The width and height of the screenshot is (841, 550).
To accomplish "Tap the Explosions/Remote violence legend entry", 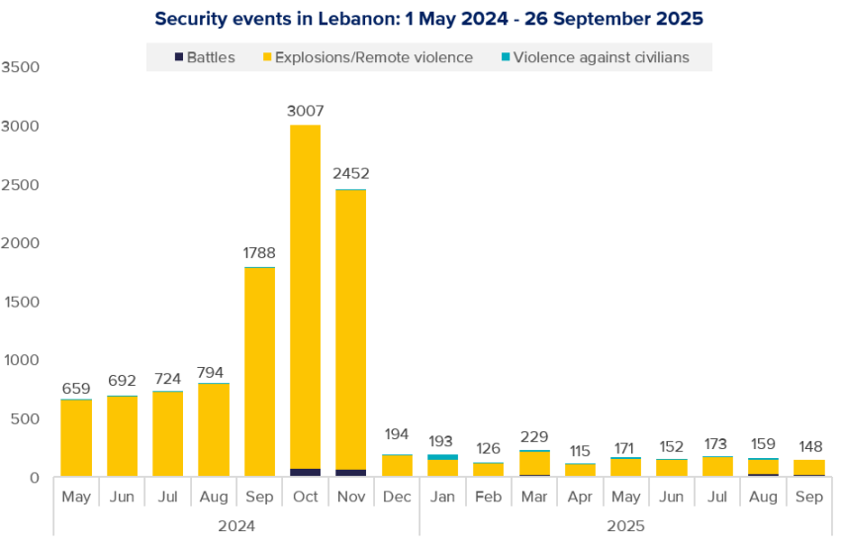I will (x=365, y=57).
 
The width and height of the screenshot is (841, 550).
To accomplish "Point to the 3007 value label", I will (x=305, y=111).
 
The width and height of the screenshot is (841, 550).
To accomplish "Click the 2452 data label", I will (x=350, y=174).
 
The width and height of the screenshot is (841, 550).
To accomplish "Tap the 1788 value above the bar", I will (x=259, y=252).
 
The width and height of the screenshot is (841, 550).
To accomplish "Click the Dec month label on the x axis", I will (x=397, y=496).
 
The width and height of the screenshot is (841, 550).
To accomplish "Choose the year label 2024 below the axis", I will (x=236, y=525).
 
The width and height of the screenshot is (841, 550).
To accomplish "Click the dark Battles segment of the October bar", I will (x=305, y=473).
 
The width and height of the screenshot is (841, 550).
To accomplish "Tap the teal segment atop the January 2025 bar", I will (x=442, y=457).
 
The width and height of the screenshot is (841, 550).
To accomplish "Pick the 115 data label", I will (x=580, y=451).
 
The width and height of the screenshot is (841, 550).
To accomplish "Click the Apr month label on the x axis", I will (x=580, y=496).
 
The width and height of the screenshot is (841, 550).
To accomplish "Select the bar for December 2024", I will (x=397, y=466).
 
